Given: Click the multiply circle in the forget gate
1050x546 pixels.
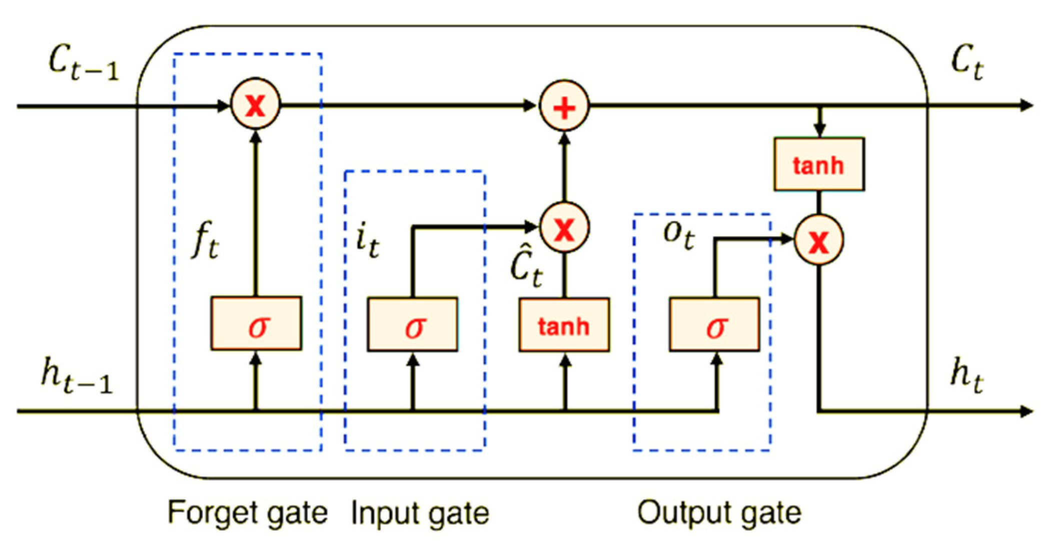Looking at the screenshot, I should (256, 105).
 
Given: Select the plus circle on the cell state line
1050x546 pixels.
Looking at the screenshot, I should (564, 106).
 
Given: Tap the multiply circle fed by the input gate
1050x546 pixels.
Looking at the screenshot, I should (565, 228).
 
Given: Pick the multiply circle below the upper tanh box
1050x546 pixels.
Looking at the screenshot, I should (819, 240).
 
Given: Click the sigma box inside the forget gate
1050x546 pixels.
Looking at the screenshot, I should (256, 324).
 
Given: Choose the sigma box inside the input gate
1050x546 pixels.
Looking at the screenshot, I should (413, 324).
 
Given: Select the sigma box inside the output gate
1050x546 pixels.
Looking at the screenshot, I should (715, 324).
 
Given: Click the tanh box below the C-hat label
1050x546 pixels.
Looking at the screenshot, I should (564, 325).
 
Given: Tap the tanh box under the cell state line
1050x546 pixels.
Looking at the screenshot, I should (819, 164).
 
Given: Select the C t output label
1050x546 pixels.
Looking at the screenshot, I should (967, 64).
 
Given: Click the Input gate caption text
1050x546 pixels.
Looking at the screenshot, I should (420, 513).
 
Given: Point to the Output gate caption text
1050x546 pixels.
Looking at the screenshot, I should (719, 512).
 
